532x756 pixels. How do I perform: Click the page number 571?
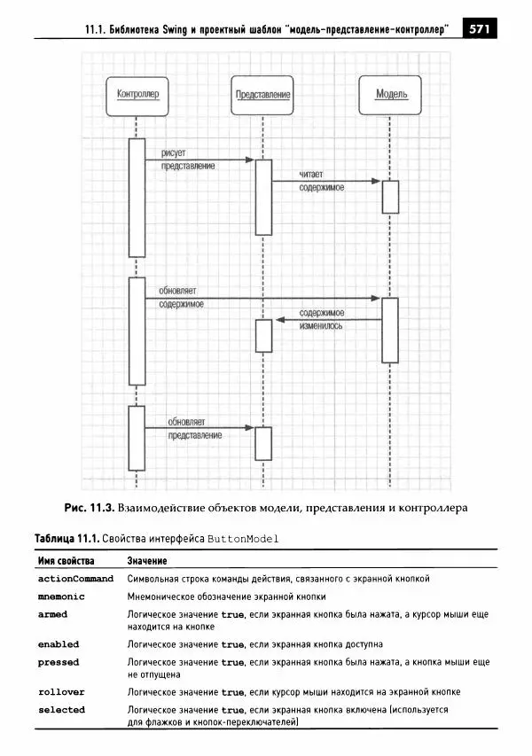(x=480, y=29)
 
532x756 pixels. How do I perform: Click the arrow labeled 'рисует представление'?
(x=199, y=160)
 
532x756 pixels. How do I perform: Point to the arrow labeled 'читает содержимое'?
(x=327, y=182)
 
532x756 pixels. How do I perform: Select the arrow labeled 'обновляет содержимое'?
(x=262, y=299)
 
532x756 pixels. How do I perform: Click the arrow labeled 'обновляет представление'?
(x=199, y=428)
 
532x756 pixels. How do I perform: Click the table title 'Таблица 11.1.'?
(x=66, y=538)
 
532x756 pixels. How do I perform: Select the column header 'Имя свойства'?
(x=66, y=561)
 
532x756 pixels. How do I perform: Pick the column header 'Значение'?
(x=147, y=561)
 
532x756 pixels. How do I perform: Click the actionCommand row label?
(x=75, y=579)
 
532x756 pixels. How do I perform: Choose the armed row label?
(x=52, y=614)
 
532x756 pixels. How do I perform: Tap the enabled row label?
(x=59, y=644)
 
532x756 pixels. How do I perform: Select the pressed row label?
(x=59, y=662)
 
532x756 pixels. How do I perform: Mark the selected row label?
(x=61, y=709)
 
